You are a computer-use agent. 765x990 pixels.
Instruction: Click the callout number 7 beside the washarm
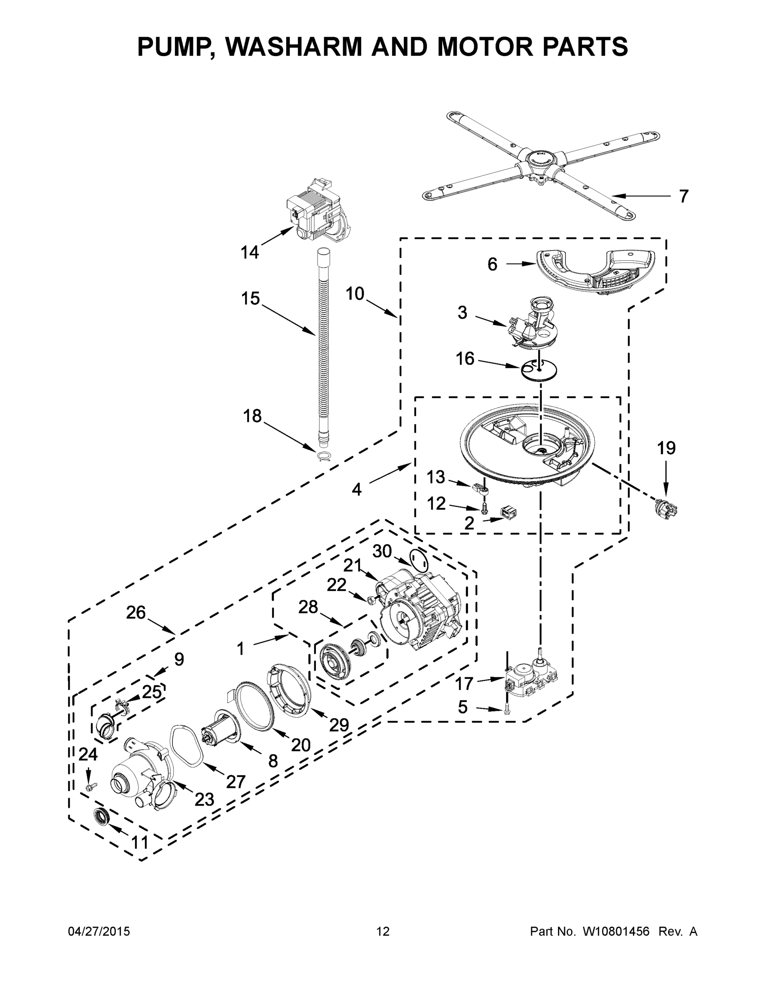click(683, 196)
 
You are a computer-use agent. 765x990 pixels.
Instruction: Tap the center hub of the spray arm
click(539, 159)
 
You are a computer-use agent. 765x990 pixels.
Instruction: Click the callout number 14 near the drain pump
click(250, 252)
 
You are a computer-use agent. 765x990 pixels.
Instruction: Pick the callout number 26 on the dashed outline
click(136, 613)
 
